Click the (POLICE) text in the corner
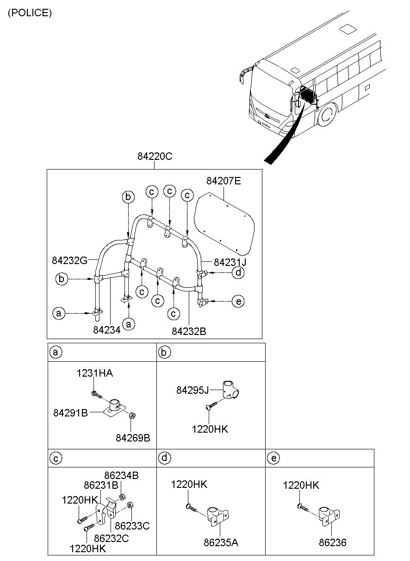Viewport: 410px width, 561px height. click(x=30, y=13)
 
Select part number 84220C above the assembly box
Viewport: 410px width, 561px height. click(x=155, y=157)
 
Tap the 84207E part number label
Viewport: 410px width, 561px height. click(x=224, y=181)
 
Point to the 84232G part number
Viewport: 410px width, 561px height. click(x=69, y=260)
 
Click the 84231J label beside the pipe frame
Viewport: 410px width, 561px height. click(x=230, y=262)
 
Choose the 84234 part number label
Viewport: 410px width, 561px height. click(x=107, y=330)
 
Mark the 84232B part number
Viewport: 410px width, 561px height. click(x=189, y=331)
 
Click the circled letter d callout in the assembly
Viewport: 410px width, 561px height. click(x=238, y=272)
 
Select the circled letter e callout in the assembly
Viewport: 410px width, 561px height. click(x=238, y=301)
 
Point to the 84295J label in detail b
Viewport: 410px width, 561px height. click(x=193, y=390)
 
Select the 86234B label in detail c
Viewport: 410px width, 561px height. click(x=121, y=475)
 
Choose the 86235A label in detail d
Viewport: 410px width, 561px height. click(x=221, y=542)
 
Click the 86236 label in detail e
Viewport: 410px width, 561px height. click(x=332, y=542)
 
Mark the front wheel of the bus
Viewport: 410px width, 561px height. click(x=327, y=115)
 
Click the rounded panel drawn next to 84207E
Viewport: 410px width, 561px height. click(x=224, y=222)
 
